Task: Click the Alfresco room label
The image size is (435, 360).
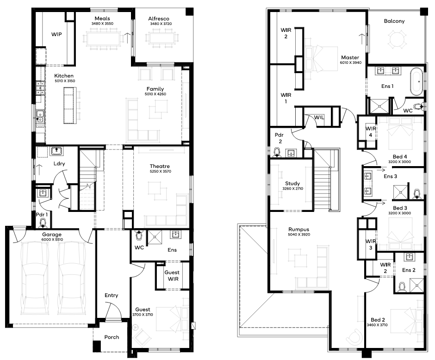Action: click(x=159, y=19)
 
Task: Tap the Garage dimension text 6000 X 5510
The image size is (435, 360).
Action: click(x=52, y=239)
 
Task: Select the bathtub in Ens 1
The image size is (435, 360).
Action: click(x=416, y=81)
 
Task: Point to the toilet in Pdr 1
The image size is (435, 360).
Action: click(x=43, y=223)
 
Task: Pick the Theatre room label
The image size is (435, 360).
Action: click(x=160, y=166)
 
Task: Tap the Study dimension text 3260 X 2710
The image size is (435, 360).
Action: click(x=292, y=189)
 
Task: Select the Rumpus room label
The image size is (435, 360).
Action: click(x=299, y=230)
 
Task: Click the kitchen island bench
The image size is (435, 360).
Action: click(x=69, y=106)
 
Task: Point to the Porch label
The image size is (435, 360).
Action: click(x=112, y=337)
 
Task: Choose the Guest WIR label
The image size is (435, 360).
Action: click(x=172, y=276)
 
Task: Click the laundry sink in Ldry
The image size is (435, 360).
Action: click(x=57, y=151)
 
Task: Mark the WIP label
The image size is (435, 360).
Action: click(x=56, y=34)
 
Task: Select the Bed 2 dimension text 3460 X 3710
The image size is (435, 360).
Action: click(x=377, y=325)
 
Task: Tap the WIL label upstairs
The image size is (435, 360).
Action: click(x=319, y=118)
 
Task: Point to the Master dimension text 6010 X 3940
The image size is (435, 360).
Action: click(x=351, y=62)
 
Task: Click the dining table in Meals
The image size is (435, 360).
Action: click(x=103, y=39)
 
